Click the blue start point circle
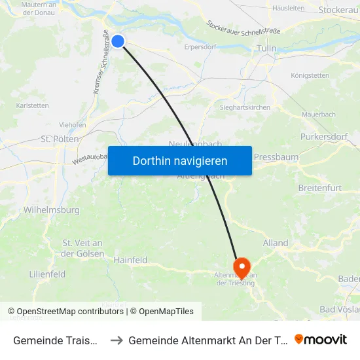(118, 41)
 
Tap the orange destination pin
(242, 266)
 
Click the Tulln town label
(267, 48)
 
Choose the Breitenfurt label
(319, 189)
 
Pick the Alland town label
(275, 243)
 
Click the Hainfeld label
(130, 260)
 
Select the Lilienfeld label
(47, 274)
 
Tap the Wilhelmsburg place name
(51, 210)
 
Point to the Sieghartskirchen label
(245, 107)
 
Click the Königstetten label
(310, 75)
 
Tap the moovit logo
(321, 340)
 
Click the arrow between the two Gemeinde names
(117, 340)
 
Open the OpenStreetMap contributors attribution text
(65, 312)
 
